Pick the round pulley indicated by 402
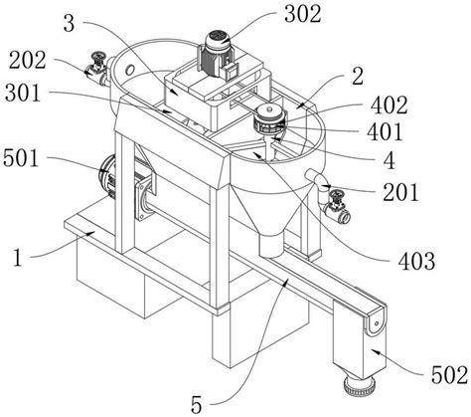point(268,123)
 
